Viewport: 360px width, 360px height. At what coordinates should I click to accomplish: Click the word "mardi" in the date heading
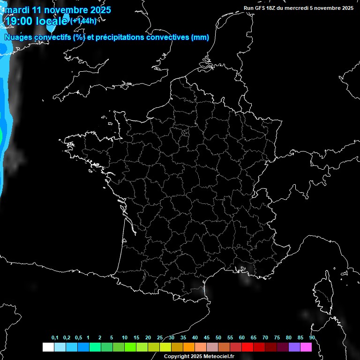click(17, 10)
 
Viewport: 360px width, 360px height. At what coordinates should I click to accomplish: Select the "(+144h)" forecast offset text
click(83, 21)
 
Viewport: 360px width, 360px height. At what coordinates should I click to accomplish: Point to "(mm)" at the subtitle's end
click(200, 37)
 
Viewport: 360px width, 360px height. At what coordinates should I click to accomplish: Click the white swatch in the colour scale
click(48, 347)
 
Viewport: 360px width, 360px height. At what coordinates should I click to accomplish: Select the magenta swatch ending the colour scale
click(306, 347)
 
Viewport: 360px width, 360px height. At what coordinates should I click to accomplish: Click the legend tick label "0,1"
click(55, 338)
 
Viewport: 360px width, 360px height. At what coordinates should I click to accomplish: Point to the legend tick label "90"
click(312, 338)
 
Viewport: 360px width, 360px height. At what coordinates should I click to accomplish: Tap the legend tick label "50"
click(218, 338)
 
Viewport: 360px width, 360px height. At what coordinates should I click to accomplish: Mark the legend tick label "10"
click(125, 338)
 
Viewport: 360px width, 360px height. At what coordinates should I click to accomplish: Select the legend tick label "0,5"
click(78, 338)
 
